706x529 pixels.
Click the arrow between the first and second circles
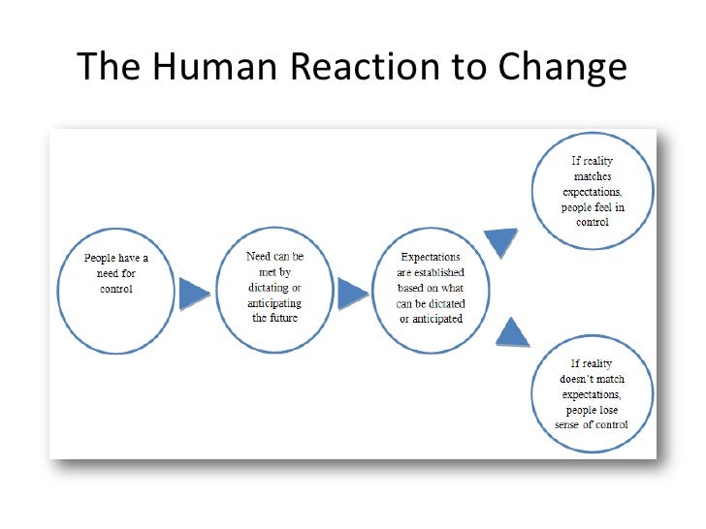(x=195, y=293)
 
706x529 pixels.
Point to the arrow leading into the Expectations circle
(x=353, y=292)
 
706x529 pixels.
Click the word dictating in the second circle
(x=261, y=288)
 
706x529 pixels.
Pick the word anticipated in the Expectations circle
(x=438, y=319)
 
